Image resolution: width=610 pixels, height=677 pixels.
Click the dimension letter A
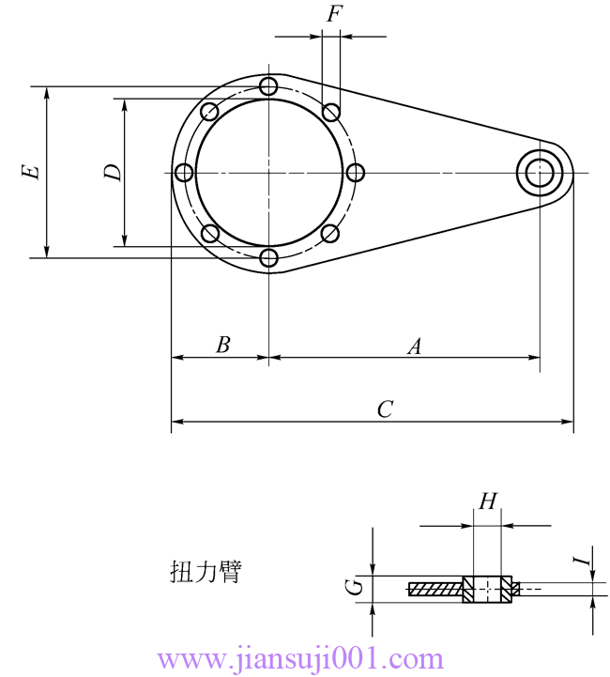click(414, 346)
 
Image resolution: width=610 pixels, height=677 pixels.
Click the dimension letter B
click(222, 345)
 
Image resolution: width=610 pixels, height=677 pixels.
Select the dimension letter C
click(385, 409)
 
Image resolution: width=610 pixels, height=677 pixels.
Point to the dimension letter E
click(32, 172)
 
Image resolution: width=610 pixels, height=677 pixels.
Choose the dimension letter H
click(487, 501)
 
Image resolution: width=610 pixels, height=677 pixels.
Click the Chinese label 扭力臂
click(205, 572)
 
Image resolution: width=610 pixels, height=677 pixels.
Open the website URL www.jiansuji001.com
click(301, 658)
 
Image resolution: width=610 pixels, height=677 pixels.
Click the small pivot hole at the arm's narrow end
click(541, 173)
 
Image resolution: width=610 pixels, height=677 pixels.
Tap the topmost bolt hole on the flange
click(269, 87)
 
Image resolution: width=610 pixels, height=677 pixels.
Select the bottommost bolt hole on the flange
click(269, 258)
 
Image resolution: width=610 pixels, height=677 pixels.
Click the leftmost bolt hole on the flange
click(184, 173)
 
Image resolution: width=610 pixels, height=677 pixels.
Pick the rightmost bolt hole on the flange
click(355, 173)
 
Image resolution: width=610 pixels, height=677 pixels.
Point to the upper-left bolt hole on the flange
click(209, 113)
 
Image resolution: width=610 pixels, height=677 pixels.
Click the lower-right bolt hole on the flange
click(329, 233)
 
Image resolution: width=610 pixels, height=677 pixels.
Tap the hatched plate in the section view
click(435, 590)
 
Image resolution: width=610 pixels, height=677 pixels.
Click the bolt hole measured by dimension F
click(330, 113)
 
